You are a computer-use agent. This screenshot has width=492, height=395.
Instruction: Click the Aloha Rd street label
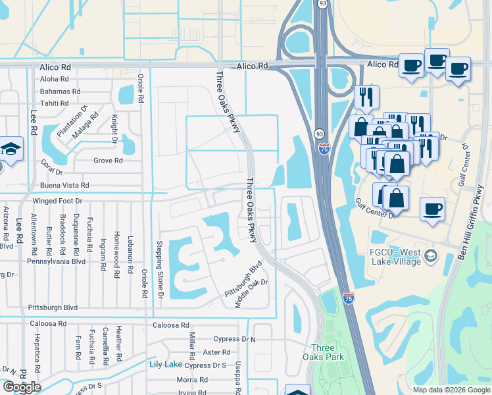(54, 79)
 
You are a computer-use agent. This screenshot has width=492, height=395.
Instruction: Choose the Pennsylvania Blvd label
(56, 261)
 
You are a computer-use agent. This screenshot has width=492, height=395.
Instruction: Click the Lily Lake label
(165, 364)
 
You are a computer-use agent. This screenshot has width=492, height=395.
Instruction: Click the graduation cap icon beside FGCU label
(431, 255)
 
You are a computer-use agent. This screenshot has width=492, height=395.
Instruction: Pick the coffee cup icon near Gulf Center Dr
(432, 209)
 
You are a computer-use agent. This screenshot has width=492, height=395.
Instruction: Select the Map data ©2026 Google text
(451, 390)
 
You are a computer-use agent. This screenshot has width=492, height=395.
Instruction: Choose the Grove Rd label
(109, 161)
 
